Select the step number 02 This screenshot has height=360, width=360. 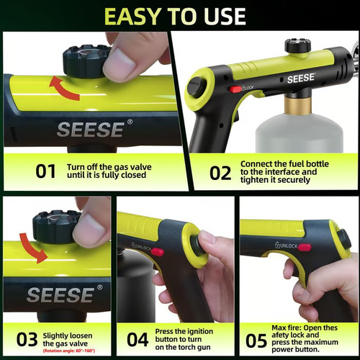(x=220, y=173)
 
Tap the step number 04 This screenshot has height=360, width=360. (x=138, y=338)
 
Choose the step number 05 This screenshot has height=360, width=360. (x=257, y=338)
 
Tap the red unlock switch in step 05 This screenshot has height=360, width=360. (x=304, y=247)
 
